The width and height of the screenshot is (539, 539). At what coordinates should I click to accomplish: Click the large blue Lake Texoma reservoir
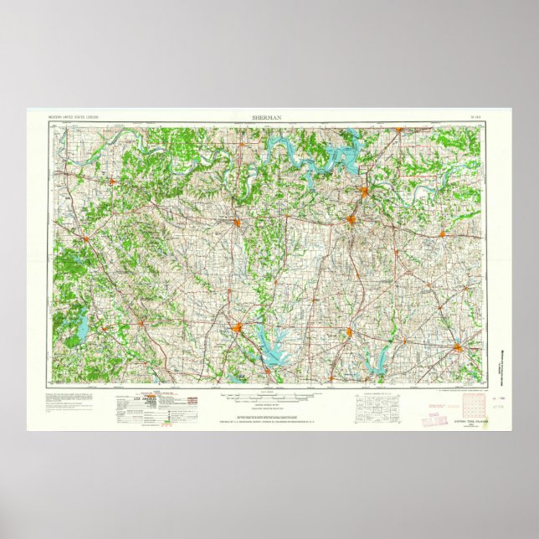click(340, 156)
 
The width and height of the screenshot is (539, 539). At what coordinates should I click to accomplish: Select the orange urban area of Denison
click(367, 193)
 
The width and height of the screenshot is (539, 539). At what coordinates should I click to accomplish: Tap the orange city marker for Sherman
click(353, 220)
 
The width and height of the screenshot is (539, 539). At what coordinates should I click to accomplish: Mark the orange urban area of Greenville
click(458, 346)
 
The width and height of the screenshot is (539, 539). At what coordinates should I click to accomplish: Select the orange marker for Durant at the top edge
click(400, 130)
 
